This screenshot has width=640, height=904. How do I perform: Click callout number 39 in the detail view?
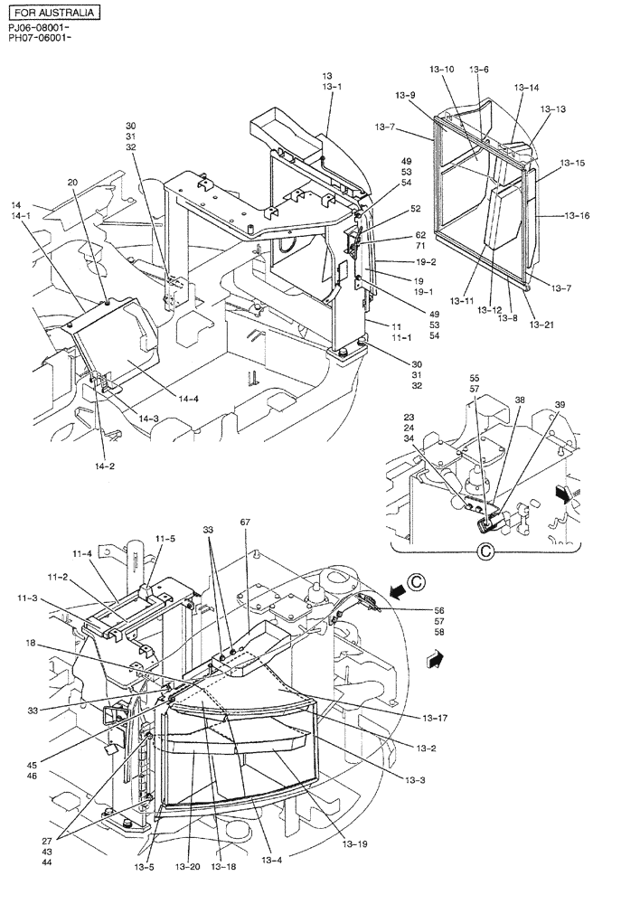560,404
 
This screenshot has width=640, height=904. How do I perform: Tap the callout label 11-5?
165,539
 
